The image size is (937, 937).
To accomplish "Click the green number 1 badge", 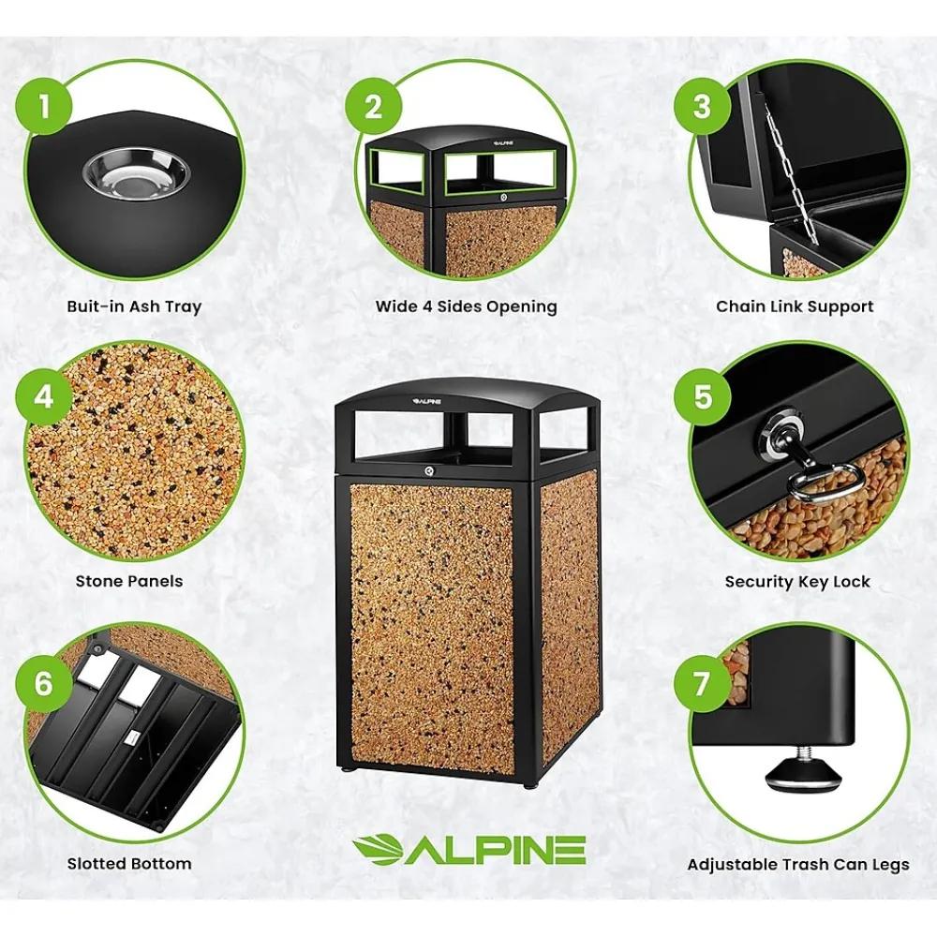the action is [45, 107].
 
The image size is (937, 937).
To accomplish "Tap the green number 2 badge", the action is [374, 107].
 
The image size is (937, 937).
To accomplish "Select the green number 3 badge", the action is [703, 107].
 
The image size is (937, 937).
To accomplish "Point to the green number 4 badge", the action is [44, 396].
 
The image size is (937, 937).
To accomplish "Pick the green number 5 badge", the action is [703, 396].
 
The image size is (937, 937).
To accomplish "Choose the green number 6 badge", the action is [44, 683].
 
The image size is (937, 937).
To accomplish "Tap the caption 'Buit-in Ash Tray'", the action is [134, 306].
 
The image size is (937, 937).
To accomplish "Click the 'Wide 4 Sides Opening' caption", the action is [466, 306].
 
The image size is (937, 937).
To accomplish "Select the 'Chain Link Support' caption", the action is [795, 306].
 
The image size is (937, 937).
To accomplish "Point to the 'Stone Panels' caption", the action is [129, 582].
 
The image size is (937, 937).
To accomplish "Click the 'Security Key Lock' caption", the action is [797, 582].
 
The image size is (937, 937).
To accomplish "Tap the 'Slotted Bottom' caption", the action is [129, 864].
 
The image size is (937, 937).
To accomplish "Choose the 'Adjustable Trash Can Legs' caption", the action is [797, 865].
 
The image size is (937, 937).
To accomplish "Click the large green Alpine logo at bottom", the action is [469, 850].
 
